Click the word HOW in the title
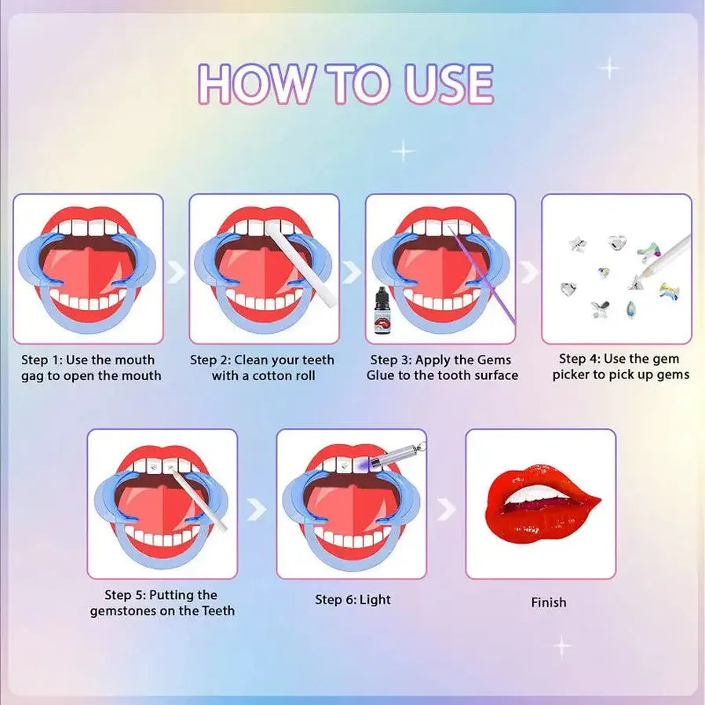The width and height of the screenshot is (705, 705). point(256,84)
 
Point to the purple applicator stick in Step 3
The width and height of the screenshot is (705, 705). point(481,274)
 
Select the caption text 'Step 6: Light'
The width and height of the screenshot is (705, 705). point(353,599)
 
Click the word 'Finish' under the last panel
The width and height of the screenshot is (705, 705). point(549,602)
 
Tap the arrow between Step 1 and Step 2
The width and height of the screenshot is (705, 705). point(176,272)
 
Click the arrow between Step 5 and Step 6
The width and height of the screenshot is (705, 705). point(257,509)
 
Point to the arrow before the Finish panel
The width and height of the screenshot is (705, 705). point(447,510)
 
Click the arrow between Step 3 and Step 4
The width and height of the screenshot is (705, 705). point(529,272)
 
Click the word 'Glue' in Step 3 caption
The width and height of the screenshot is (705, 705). point(381,375)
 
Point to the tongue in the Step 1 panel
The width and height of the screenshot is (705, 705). point(89,274)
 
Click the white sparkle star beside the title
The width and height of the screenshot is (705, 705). point(610,68)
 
